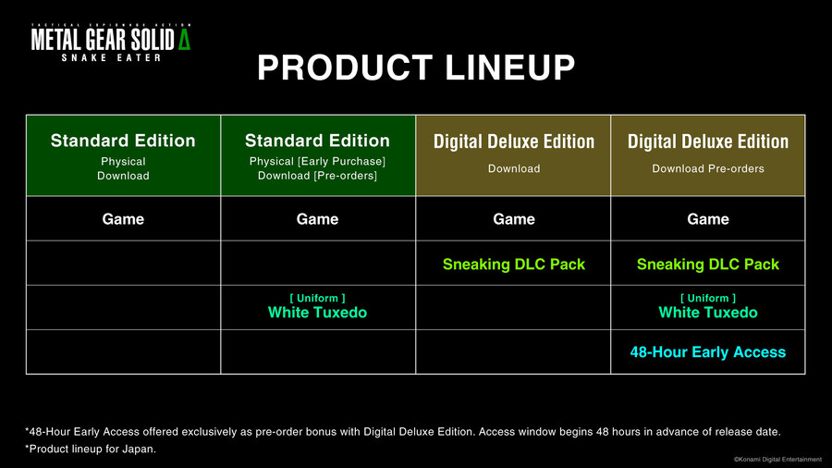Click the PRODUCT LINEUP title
pyautogui.click(x=416, y=68)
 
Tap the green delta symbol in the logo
pyautogui.click(x=184, y=40)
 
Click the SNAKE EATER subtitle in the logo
pyautogui.click(x=111, y=57)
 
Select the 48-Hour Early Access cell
pyautogui.click(x=708, y=352)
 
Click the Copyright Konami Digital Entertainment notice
pyautogui.click(x=777, y=460)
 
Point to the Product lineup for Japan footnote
pyautogui.click(x=91, y=449)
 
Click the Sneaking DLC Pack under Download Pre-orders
pyautogui.click(x=708, y=265)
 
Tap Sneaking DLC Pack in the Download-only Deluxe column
pyautogui.click(x=514, y=265)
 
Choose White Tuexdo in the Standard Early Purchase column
pyautogui.click(x=317, y=312)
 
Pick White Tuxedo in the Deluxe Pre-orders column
pyautogui.click(x=708, y=312)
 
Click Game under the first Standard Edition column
pyautogui.click(x=123, y=219)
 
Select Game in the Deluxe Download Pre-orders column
pyautogui.click(x=708, y=219)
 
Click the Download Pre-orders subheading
pyautogui.click(x=708, y=168)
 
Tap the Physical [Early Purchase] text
pyautogui.click(x=317, y=161)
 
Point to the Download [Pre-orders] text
pyautogui.click(x=317, y=176)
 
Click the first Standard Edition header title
pyautogui.click(x=123, y=141)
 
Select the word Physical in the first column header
pyautogui.click(x=123, y=161)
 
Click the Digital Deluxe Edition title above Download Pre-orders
pyautogui.click(x=708, y=142)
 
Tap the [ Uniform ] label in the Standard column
pyautogui.click(x=317, y=298)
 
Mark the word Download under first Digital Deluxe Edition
pyautogui.click(x=514, y=168)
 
